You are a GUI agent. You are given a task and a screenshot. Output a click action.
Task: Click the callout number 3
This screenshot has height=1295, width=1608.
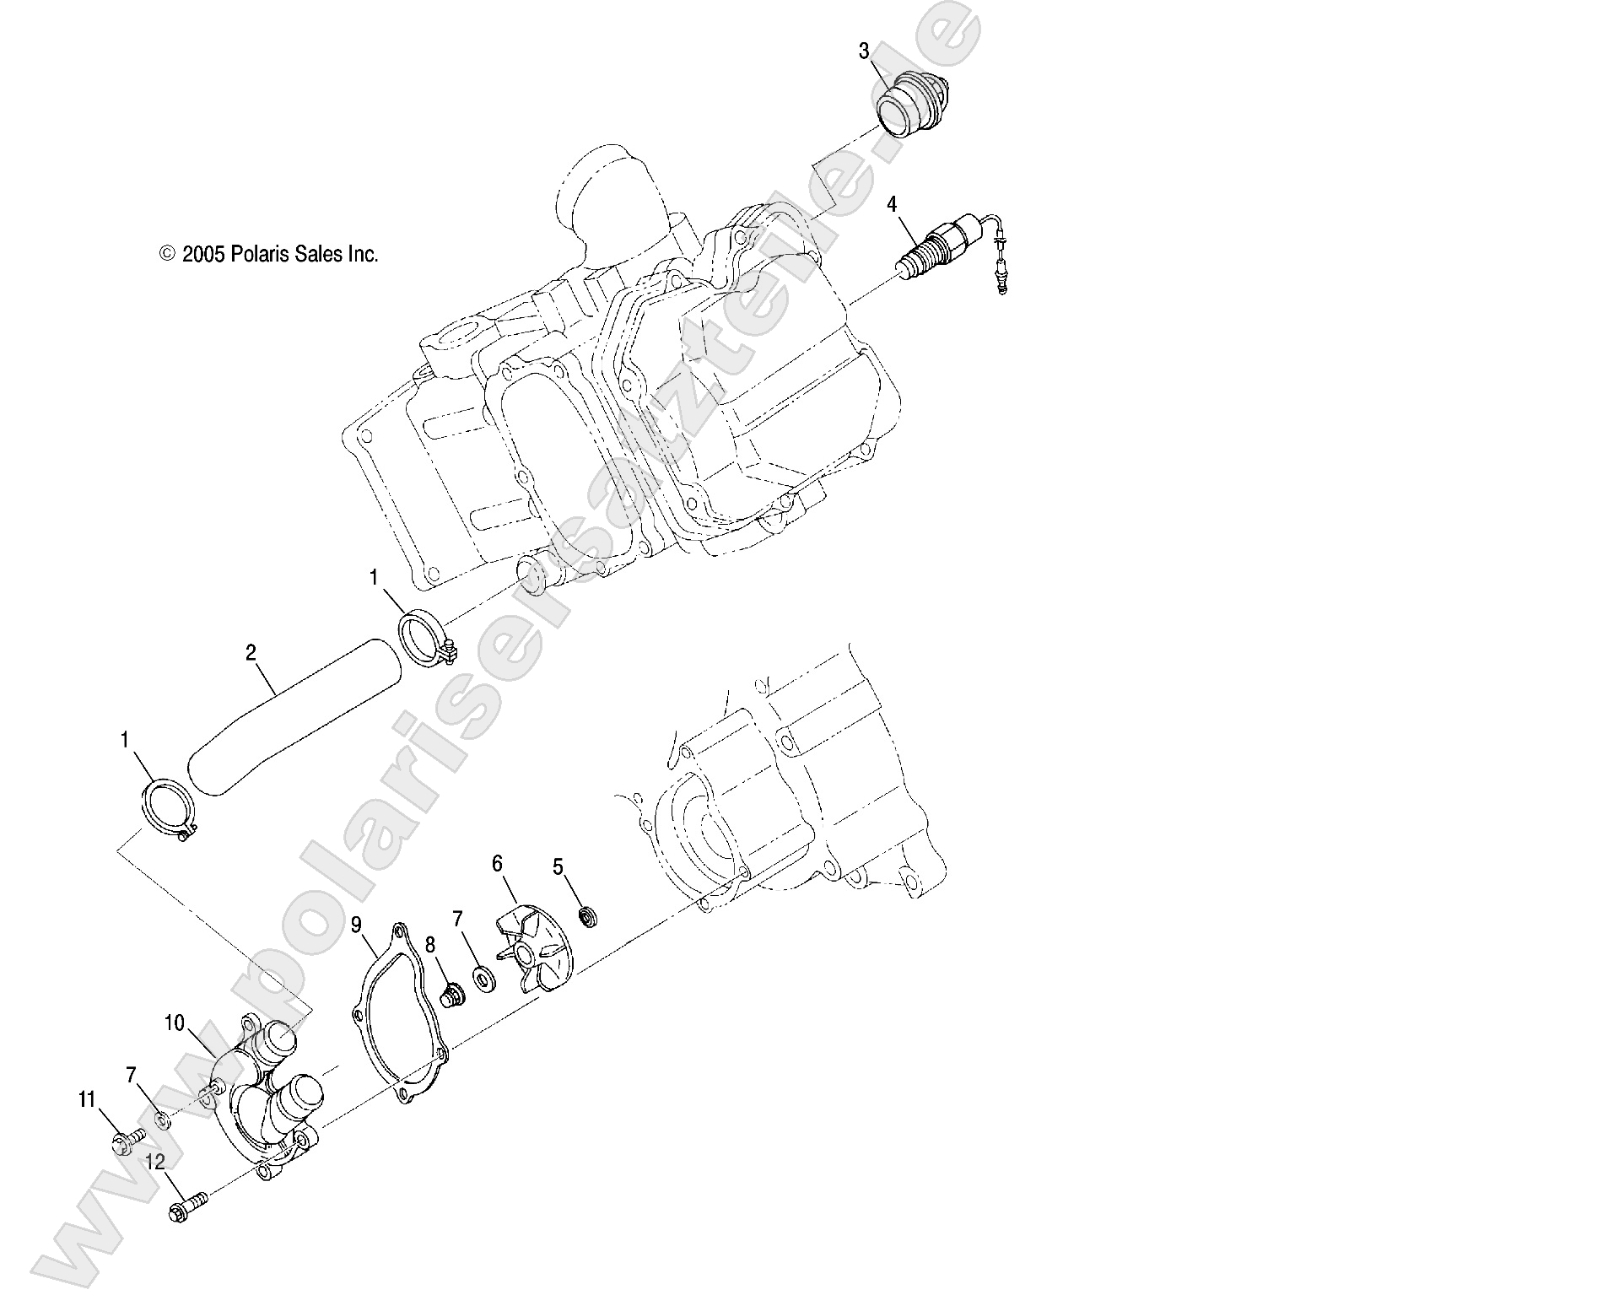[x=863, y=51]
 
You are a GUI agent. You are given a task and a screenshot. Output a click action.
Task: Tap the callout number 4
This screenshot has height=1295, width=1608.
[x=891, y=204]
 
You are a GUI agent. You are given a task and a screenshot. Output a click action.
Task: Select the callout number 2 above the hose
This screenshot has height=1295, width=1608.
[x=251, y=651]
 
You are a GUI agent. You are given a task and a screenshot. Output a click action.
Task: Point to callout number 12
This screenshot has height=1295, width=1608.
[x=155, y=1162]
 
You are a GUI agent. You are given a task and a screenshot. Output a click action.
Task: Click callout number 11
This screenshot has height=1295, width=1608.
[x=87, y=1099]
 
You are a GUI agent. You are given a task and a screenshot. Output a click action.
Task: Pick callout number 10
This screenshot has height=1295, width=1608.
[x=174, y=1023]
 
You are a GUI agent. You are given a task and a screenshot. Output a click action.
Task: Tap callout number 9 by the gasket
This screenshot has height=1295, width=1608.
[x=357, y=925]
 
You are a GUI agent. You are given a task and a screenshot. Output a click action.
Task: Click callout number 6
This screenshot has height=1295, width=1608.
[x=497, y=863]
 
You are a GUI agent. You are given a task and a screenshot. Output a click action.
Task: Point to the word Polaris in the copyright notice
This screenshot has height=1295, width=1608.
[x=262, y=253]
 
